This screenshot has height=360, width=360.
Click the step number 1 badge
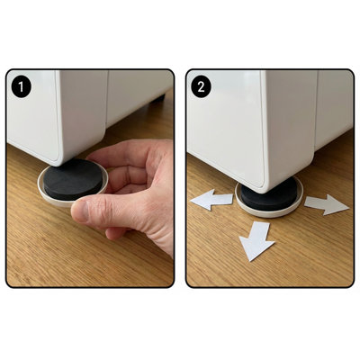tap(21, 87)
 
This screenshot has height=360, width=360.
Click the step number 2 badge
tap(201, 87)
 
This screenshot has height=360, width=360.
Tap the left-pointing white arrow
tap(212, 200)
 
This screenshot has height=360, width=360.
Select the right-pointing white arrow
tap(327, 205)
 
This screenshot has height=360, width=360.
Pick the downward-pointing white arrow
tap(256, 240)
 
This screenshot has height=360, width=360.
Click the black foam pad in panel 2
tap(268, 196)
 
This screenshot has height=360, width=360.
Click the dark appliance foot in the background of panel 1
tap(158, 99)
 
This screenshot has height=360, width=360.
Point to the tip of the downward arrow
tap(250, 261)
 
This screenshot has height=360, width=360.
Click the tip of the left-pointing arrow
tap(191, 202)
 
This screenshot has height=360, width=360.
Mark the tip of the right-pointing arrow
tap(349, 207)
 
